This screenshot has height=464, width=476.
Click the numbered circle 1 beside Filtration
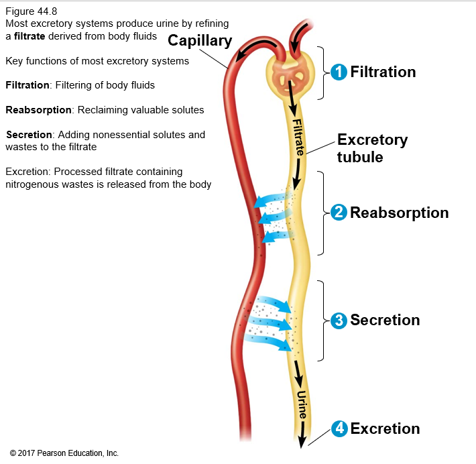click(x=340, y=72)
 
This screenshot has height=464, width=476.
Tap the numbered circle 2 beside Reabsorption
click(x=339, y=213)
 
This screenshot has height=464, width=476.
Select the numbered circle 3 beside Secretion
click(x=339, y=321)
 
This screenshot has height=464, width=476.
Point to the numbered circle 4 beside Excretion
click(x=339, y=428)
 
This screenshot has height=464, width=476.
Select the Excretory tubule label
click(x=372, y=148)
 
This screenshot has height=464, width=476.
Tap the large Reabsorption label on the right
click(x=400, y=213)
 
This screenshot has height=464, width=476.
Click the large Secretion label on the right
click(x=385, y=321)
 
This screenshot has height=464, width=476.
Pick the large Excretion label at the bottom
click(x=385, y=428)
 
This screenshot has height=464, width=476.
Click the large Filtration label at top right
click(x=383, y=72)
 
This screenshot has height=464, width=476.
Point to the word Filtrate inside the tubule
click(x=298, y=137)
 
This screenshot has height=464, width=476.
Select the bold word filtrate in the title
click(x=29, y=36)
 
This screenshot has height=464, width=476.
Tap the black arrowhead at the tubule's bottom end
click(x=302, y=441)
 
